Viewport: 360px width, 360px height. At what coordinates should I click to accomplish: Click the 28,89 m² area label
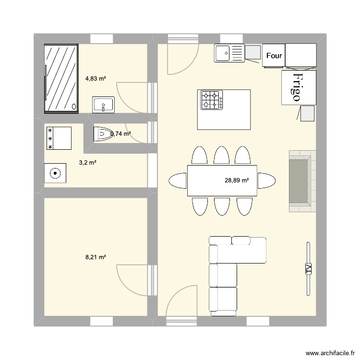[237, 180]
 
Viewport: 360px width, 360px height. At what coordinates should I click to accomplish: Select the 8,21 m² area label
[96, 257]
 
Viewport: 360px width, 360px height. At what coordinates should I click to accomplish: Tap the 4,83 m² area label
[96, 78]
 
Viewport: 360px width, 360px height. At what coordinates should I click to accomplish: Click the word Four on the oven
[274, 56]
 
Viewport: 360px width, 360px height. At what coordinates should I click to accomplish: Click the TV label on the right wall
[308, 269]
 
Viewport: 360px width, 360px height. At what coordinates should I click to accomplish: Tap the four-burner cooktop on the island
[212, 100]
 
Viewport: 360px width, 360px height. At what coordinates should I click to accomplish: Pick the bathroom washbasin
[103, 104]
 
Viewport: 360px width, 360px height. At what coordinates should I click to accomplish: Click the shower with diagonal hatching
[61, 78]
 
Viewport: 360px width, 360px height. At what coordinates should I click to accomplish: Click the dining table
[222, 180]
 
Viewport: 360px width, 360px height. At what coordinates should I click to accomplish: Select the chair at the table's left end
[178, 180]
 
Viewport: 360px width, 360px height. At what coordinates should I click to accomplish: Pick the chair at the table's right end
[266, 180]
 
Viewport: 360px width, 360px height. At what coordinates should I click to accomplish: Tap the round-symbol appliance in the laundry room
[56, 173]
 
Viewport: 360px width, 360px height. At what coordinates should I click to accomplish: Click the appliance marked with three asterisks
[58, 138]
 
